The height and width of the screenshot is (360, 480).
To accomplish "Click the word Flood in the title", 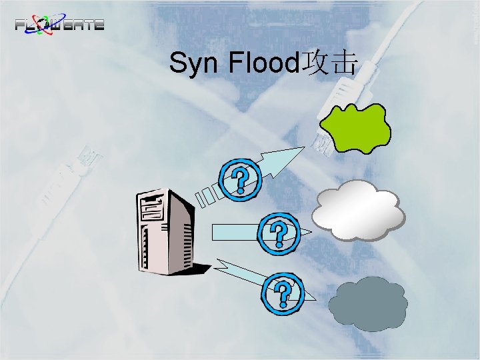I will tap(265, 64).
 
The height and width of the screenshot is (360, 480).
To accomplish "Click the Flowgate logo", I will tap(60, 25).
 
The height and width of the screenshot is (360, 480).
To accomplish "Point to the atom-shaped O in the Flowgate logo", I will tap(49, 24).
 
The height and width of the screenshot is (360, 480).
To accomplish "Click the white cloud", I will tap(359, 209).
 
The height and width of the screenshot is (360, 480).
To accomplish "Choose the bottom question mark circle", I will tap(285, 294).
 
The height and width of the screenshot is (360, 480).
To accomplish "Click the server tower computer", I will tap(164, 230).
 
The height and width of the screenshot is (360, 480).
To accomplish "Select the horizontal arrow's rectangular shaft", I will tap(233, 231).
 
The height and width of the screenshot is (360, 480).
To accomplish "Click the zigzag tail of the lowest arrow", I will tap(230, 269).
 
